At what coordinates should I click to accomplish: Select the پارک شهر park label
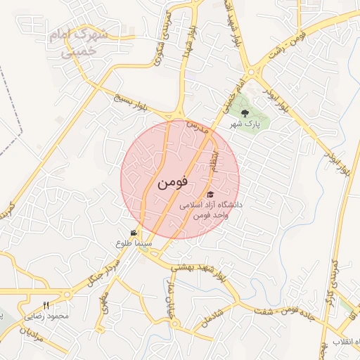(x=244, y=124)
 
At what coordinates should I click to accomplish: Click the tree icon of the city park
(x=244, y=112)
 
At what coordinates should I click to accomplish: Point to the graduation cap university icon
(x=210, y=194)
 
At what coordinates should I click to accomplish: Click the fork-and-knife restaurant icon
(x=46, y=305)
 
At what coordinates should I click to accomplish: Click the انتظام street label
(x=218, y=161)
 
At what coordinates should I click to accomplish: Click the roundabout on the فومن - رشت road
(x=251, y=72)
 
